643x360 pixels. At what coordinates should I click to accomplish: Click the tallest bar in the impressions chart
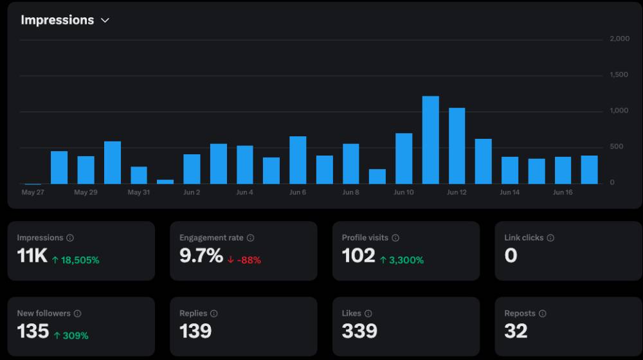tap(431, 139)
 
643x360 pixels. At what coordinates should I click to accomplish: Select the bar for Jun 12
tap(457, 146)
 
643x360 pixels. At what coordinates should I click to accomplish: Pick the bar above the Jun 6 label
tap(298, 160)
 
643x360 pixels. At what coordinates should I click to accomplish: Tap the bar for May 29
tap(86, 170)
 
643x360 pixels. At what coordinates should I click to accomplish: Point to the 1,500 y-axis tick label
tap(619, 75)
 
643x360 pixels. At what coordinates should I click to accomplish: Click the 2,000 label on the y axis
tap(620, 39)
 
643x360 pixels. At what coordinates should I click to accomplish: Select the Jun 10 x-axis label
tap(404, 192)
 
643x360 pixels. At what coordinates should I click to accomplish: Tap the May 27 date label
tap(33, 192)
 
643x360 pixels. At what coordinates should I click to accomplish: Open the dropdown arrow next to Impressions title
tap(105, 20)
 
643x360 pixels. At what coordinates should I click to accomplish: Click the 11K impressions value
tap(32, 256)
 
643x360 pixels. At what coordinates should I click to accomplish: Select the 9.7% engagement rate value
tap(201, 256)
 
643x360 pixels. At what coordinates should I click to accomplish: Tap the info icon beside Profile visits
tap(395, 238)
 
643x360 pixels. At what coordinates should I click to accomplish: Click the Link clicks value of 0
tap(511, 256)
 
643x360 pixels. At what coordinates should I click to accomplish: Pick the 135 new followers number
tap(33, 331)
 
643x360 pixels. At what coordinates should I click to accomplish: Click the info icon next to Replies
tap(214, 314)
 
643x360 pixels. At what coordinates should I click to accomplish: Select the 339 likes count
tap(359, 331)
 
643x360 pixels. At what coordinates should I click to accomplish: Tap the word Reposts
tap(520, 314)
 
